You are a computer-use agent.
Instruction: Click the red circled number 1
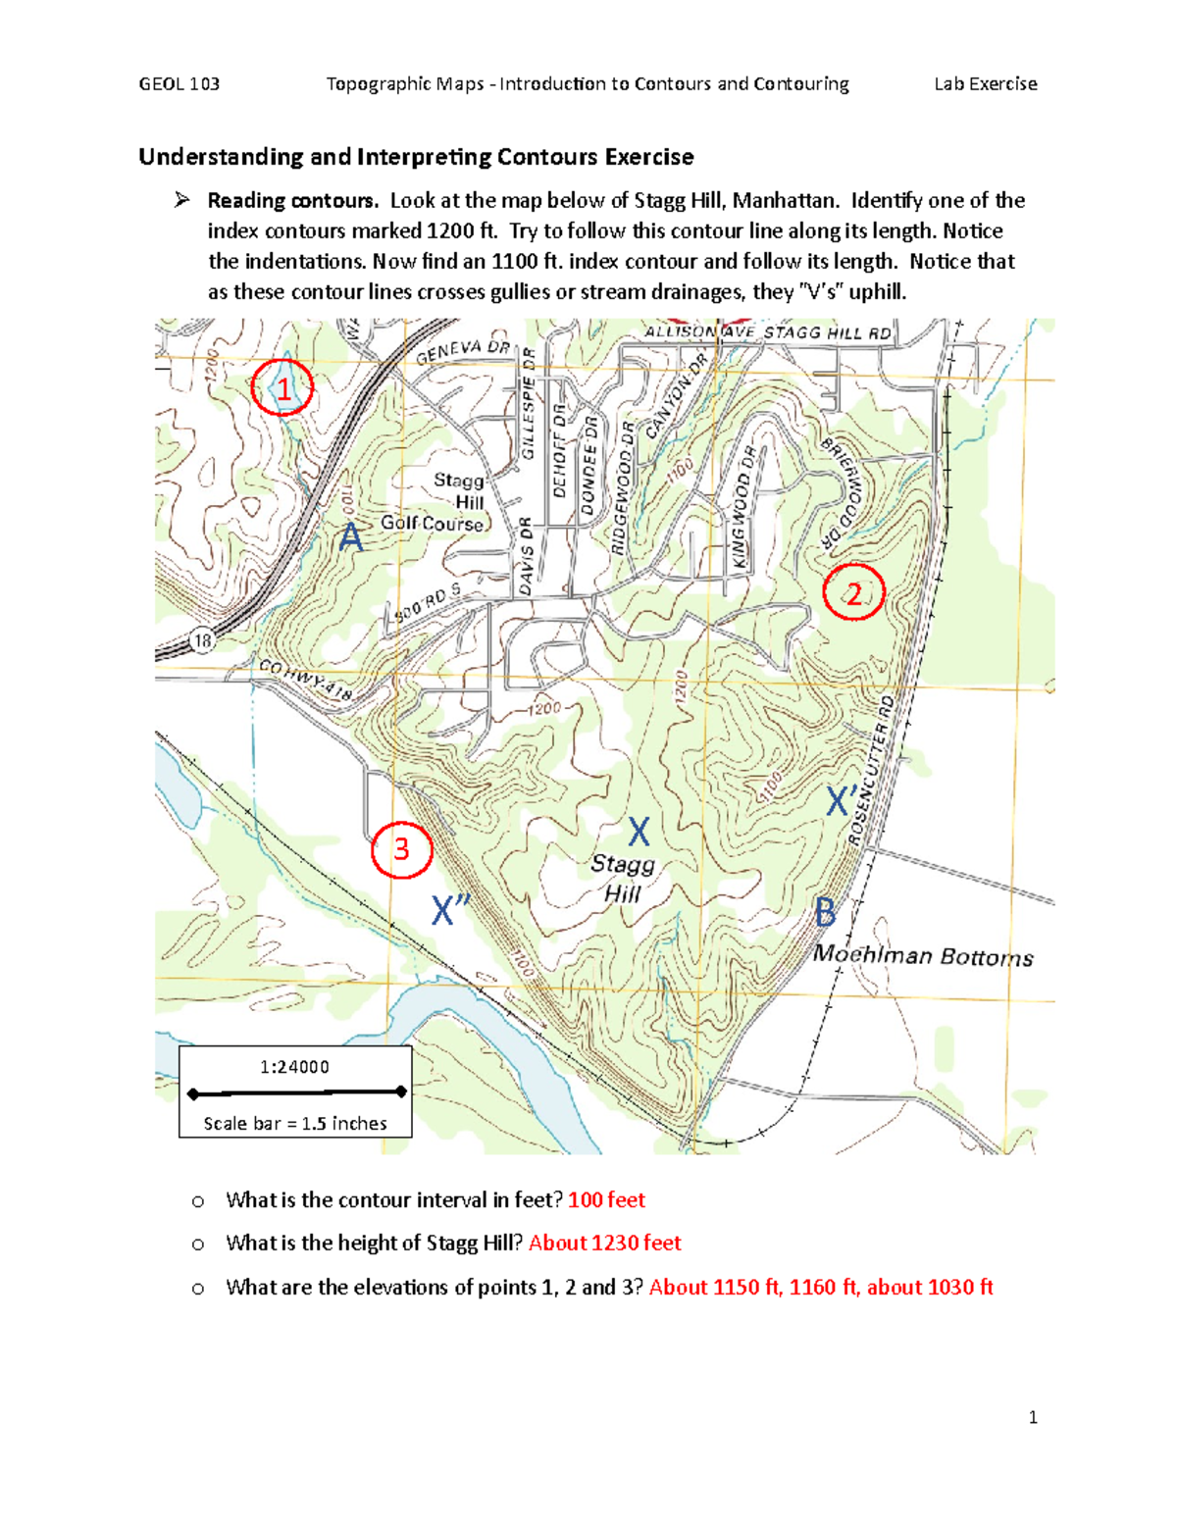click(282, 388)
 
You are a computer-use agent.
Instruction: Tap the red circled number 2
click(853, 593)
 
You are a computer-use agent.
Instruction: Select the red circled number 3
click(401, 848)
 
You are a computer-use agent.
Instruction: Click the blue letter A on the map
click(350, 537)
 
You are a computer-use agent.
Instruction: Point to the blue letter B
click(825, 913)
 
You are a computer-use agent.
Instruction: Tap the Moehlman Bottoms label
click(923, 955)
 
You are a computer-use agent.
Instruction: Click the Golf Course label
click(433, 524)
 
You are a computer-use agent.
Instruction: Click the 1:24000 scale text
click(294, 1067)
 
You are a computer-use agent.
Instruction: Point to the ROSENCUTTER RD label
click(872, 771)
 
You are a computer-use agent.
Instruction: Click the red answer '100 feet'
click(606, 1199)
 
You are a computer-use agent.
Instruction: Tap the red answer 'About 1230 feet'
click(604, 1243)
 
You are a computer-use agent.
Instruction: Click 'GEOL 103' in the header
click(179, 84)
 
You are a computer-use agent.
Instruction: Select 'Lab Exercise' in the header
click(985, 84)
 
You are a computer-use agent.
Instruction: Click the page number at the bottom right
click(1033, 1417)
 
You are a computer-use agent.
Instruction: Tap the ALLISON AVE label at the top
click(697, 332)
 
